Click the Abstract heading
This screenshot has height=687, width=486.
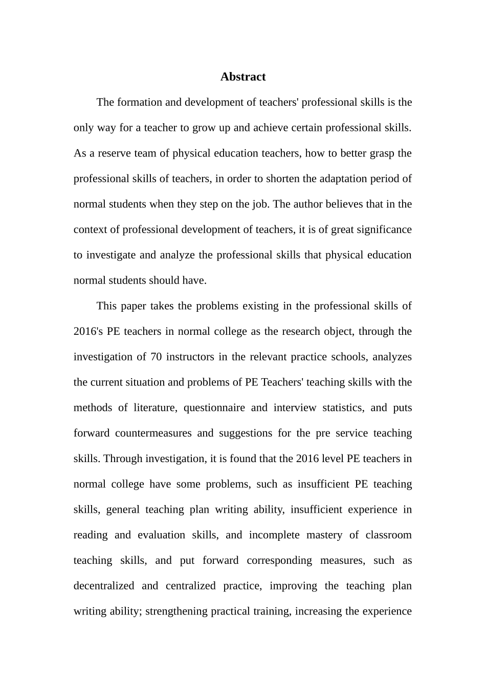(x=242, y=77)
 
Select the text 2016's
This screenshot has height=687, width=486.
(x=89, y=331)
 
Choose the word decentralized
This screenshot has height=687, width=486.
(x=104, y=586)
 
